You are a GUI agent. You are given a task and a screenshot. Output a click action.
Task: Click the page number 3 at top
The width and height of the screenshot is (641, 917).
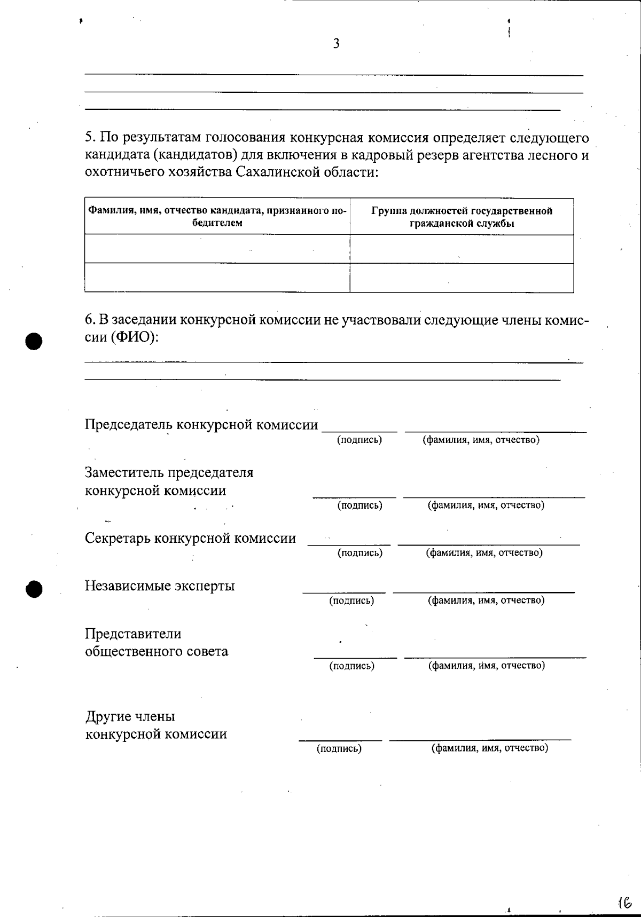pyautogui.click(x=336, y=44)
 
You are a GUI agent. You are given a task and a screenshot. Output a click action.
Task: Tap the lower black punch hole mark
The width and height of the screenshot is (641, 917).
pyautogui.click(x=34, y=589)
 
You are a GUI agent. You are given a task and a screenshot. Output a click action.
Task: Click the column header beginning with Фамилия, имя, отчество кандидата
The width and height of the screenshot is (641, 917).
pyautogui.click(x=217, y=216)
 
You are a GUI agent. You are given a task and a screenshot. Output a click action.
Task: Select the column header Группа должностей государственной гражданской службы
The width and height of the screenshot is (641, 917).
pyautogui.click(x=462, y=217)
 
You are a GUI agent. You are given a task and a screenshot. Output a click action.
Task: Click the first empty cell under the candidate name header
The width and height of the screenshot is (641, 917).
pyautogui.click(x=217, y=249)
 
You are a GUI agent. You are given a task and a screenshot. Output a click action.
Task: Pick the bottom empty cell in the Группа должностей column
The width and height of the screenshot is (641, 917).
pyautogui.click(x=462, y=278)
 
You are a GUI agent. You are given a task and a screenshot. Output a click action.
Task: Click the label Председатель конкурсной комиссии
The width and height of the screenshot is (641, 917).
pyautogui.click(x=201, y=425)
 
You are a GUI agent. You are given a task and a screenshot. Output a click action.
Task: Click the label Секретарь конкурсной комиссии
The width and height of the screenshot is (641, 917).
pyautogui.click(x=190, y=538)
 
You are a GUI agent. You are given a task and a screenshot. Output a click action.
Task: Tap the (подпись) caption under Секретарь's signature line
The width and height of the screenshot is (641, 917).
pyautogui.click(x=359, y=553)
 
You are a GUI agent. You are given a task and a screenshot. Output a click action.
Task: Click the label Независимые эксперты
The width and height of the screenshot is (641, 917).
pyautogui.click(x=160, y=586)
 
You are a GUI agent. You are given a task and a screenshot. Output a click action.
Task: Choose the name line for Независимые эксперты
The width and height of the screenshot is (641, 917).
pyautogui.click(x=483, y=592)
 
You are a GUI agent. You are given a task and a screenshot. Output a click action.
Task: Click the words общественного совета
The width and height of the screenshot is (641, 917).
pyautogui.click(x=157, y=652)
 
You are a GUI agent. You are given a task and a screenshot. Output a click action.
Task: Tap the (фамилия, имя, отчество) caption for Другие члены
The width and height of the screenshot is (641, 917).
pyautogui.click(x=489, y=748)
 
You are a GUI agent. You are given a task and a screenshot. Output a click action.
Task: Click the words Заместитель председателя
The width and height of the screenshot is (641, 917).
pyautogui.click(x=169, y=473)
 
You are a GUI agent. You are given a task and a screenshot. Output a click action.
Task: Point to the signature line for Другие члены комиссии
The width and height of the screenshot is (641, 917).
pyautogui.click(x=340, y=740)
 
